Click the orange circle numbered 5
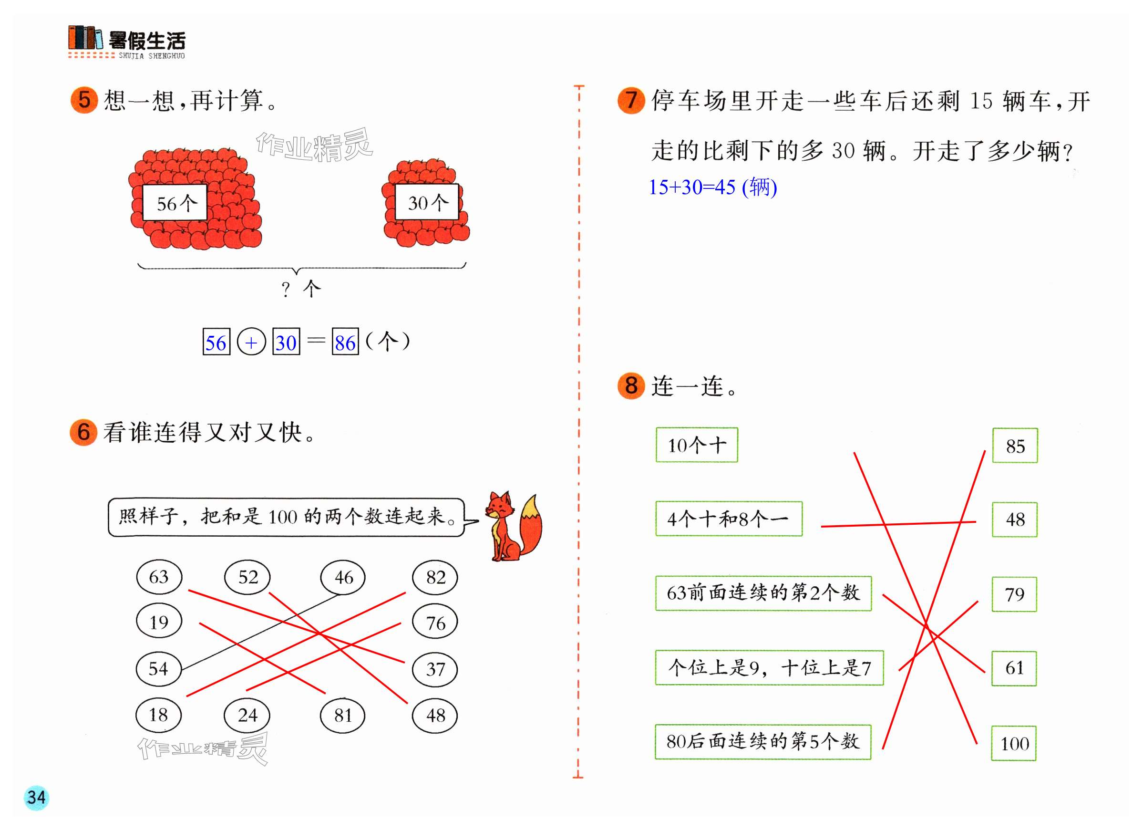click(x=84, y=100)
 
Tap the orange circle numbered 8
click(x=631, y=386)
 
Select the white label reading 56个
click(x=175, y=203)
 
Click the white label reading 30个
click(x=427, y=202)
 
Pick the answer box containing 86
click(x=345, y=343)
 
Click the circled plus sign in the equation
click(x=251, y=343)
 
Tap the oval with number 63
click(x=159, y=577)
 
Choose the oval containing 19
click(x=159, y=622)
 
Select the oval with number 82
click(x=435, y=577)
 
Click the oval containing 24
click(x=247, y=715)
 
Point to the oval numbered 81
click(x=343, y=715)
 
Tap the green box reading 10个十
click(x=697, y=445)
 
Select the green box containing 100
click(x=1014, y=744)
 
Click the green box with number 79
click(x=1014, y=594)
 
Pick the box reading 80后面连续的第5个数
click(x=763, y=742)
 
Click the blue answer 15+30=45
click(x=712, y=187)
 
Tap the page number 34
click(x=36, y=798)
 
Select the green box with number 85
click(x=1015, y=446)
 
